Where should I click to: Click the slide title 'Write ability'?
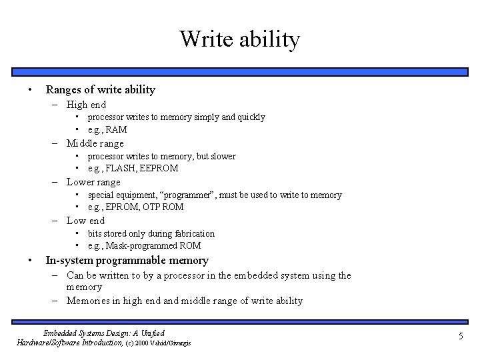click(240, 39)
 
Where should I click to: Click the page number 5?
click(460, 337)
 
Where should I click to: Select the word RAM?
click(116, 129)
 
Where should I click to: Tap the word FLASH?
click(120, 168)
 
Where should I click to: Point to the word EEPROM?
click(159, 168)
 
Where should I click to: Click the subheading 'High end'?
click(86, 104)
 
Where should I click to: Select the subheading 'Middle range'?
click(95, 143)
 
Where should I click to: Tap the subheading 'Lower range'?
click(93, 182)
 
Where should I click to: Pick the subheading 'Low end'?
click(85, 221)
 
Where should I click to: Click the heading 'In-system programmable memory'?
click(127, 261)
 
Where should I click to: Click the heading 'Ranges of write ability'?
click(100, 89)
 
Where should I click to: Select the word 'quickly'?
click(250, 117)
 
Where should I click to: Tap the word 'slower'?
click(221, 156)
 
